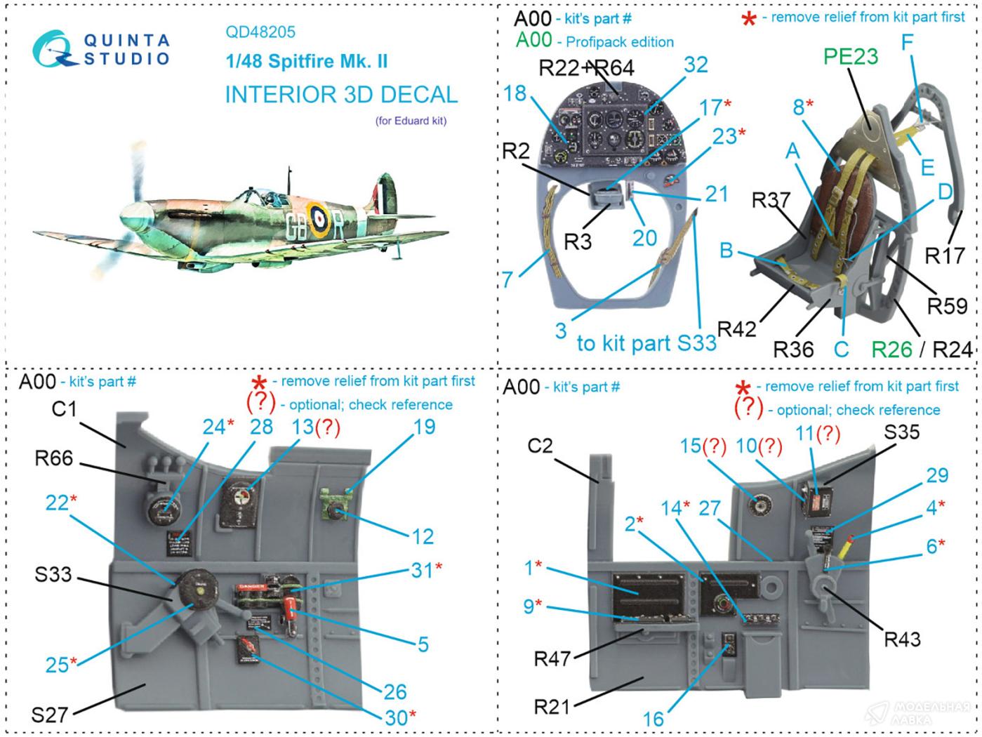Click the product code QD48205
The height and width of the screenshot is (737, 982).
260,32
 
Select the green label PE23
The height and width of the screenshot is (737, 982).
851,56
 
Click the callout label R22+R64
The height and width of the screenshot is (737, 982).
586,67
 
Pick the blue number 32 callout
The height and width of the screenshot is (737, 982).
696,65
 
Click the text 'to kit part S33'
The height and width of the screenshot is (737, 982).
646,343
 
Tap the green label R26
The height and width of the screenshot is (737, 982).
891,349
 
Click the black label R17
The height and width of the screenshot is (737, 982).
945,255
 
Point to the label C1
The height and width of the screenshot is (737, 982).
64,409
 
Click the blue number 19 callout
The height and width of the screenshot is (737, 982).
424,427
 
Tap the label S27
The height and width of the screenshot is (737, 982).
50,715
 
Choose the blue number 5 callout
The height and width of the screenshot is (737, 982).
423,644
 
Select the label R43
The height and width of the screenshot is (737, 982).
902,639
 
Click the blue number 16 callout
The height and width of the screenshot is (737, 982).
653,719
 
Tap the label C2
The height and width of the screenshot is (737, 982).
540,446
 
